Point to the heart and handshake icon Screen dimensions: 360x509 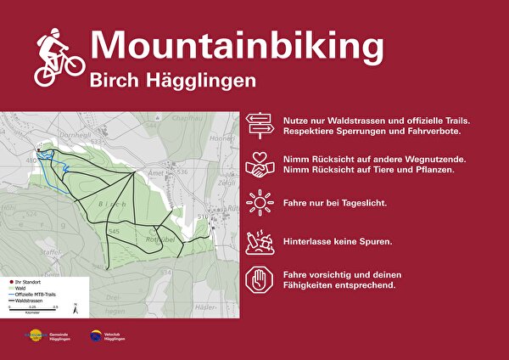pos(260,165)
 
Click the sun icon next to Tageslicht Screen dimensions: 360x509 pos(260,203)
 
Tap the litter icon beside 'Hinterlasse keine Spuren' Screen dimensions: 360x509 pos(260,241)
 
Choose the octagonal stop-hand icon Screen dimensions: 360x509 pos(260,280)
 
